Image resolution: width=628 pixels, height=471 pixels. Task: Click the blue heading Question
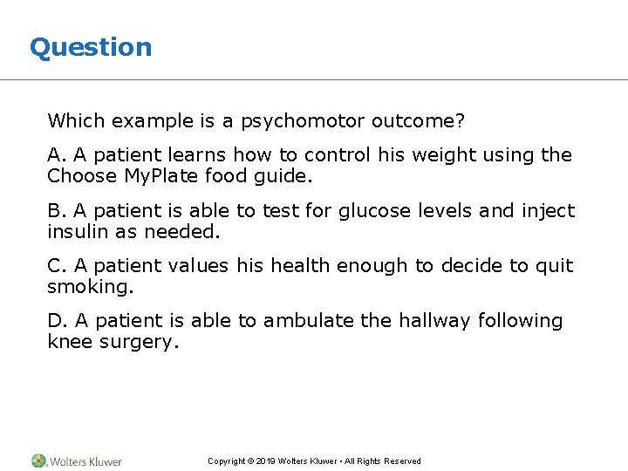pyautogui.click(x=91, y=47)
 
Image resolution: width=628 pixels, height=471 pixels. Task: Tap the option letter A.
pyautogui.click(x=55, y=155)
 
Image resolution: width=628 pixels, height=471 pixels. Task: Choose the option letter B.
pyautogui.click(x=55, y=211)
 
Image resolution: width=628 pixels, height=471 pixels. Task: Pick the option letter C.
pyautogui.click(x=55, y=266)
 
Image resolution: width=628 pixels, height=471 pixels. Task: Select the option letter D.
pyautogui.click(x=55, y=321)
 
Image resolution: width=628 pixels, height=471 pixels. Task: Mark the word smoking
pyautogui.click(x=84, y=287)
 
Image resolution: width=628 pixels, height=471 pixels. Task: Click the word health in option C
pyautogui.click(x=300, y=266)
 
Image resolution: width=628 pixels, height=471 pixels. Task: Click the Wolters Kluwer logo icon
pyautogui.click(x=39, y=461)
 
